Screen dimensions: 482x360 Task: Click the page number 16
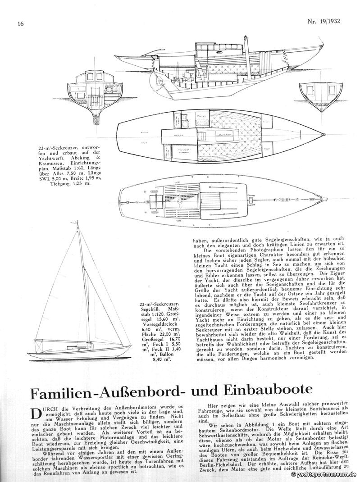[21, 23]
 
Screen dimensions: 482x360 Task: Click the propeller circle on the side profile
[159, 82]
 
